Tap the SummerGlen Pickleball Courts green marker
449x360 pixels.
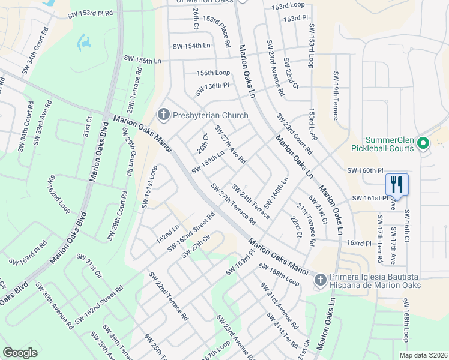tap(423, 143)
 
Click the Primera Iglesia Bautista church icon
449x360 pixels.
tap(321, 280)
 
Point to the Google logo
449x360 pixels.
tap(20, 353)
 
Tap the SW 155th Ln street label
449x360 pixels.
tap(143, 59)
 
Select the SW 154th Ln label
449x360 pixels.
tap(191, 46)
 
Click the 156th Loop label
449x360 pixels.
tap(213, 73)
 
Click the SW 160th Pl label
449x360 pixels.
tap(364, 170)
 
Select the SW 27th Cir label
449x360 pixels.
tap(197, 245)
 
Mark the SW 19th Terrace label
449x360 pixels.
tap(335, 95)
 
